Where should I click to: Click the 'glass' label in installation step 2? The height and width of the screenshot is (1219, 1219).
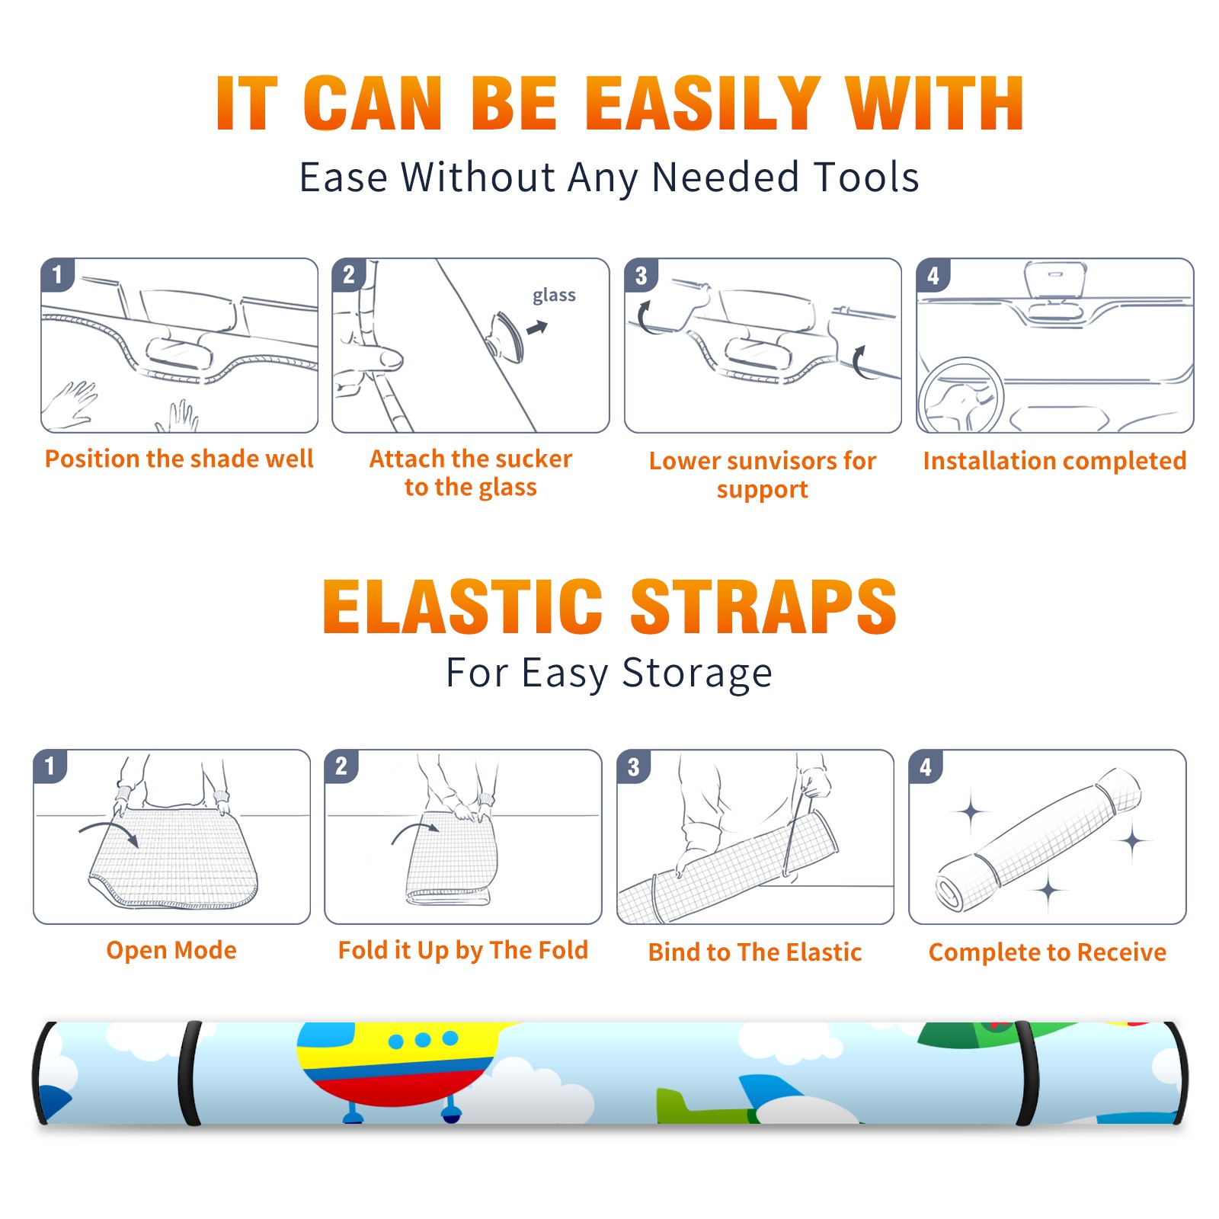[x=554, y=296]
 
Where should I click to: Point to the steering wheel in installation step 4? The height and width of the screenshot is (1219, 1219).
[x=961, y=395]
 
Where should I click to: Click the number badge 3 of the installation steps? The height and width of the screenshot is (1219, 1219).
[x=641, y=275]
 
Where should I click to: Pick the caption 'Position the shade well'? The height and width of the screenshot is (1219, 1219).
[x=179, y=459]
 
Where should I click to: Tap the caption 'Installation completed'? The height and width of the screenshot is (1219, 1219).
[x=1054, y=461]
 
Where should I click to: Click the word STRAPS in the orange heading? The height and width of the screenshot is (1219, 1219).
[x=763, y=606]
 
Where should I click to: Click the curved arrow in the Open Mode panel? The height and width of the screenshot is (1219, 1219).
[x=108, y=831]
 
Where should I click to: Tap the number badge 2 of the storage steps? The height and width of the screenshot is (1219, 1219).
[x=341, y=766]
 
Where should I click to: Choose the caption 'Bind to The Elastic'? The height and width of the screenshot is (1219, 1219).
[x=755, y=952]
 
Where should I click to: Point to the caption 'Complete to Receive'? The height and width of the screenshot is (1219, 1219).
[x=1048, y=952]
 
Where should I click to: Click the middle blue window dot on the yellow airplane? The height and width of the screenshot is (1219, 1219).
[x=424, y=1040]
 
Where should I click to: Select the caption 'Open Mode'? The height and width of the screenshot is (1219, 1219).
[x=171, y=950]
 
